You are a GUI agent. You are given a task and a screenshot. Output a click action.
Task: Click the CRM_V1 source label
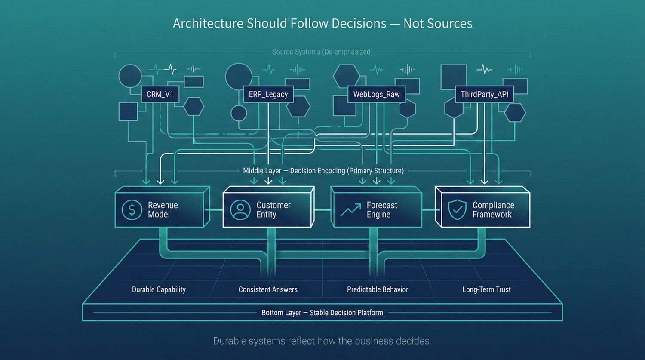[x=160, y=95]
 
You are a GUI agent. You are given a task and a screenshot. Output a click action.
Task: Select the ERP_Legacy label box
[x=268, y=95]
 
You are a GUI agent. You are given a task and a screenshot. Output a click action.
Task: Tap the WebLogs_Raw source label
[x=376, y=95]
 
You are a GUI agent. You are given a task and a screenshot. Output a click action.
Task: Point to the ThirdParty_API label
[x=484, y=95]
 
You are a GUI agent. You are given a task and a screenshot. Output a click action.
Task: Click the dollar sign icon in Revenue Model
[x=132, y=210]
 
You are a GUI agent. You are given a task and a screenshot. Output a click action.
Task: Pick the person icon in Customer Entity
[x=240, y=210]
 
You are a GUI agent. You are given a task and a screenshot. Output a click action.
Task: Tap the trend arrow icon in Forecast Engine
[x=350, y=210]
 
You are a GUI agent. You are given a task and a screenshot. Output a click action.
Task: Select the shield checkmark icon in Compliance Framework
[x=457, y=210]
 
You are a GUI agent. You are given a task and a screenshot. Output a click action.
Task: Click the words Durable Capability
[x=159, y=290]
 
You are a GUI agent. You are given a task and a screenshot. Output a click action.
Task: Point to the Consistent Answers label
[x=268, y=290]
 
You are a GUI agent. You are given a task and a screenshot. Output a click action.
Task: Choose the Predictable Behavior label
[x=378, y=290]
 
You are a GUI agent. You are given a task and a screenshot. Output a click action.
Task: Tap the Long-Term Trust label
[x=486, y=290]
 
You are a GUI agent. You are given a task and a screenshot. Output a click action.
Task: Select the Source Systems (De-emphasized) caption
[x=322, y=52]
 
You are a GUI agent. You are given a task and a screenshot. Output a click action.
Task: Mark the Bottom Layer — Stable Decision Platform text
[x=322, y=313]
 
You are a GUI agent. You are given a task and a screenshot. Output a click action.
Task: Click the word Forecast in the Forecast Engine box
[x=382, y=205]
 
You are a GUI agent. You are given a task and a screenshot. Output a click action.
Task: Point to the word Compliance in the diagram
[x=493, y=205]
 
